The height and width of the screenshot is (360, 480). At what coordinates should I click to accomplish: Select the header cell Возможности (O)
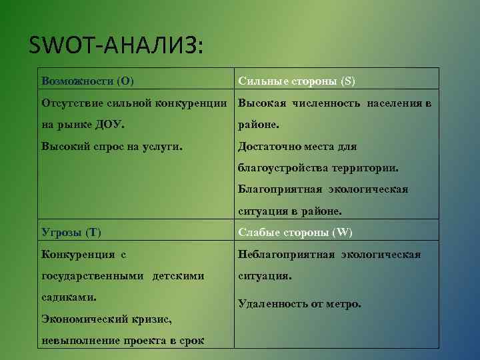tap(87, 81)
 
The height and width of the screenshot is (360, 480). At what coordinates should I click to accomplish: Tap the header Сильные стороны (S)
tap(297, 81)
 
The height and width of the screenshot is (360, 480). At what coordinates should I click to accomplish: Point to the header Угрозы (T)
tap(71, 232)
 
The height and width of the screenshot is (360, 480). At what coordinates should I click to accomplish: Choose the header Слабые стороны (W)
tap(295, 232)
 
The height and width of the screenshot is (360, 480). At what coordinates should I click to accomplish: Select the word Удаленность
tap(273, 303)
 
